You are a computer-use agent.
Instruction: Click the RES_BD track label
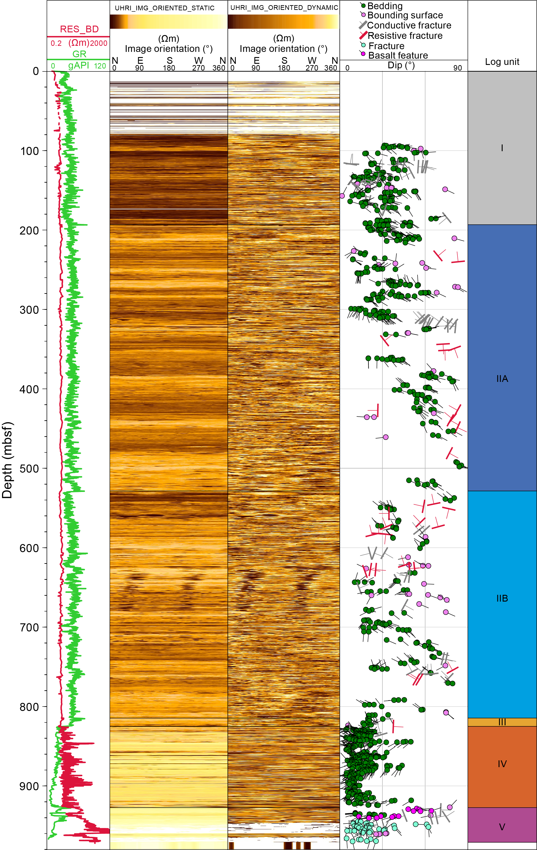(79, 29)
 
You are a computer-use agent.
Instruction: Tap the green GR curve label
(79, 54)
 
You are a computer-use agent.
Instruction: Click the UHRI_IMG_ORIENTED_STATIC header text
(164, 8)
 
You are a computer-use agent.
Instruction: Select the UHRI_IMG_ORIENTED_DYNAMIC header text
(284, 7)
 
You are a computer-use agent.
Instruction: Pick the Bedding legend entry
(385, 6)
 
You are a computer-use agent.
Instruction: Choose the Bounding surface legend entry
(405, 15)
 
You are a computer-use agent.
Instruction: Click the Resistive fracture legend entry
(405, 36)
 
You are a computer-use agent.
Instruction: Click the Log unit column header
(502, 62)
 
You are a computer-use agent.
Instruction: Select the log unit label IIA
(502, 379)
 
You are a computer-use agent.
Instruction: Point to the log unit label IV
(502, 764)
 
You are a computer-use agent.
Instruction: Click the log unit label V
(502, 827)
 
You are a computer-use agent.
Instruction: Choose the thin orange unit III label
(502, 722)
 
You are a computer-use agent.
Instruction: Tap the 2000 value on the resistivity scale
(99, 43)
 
